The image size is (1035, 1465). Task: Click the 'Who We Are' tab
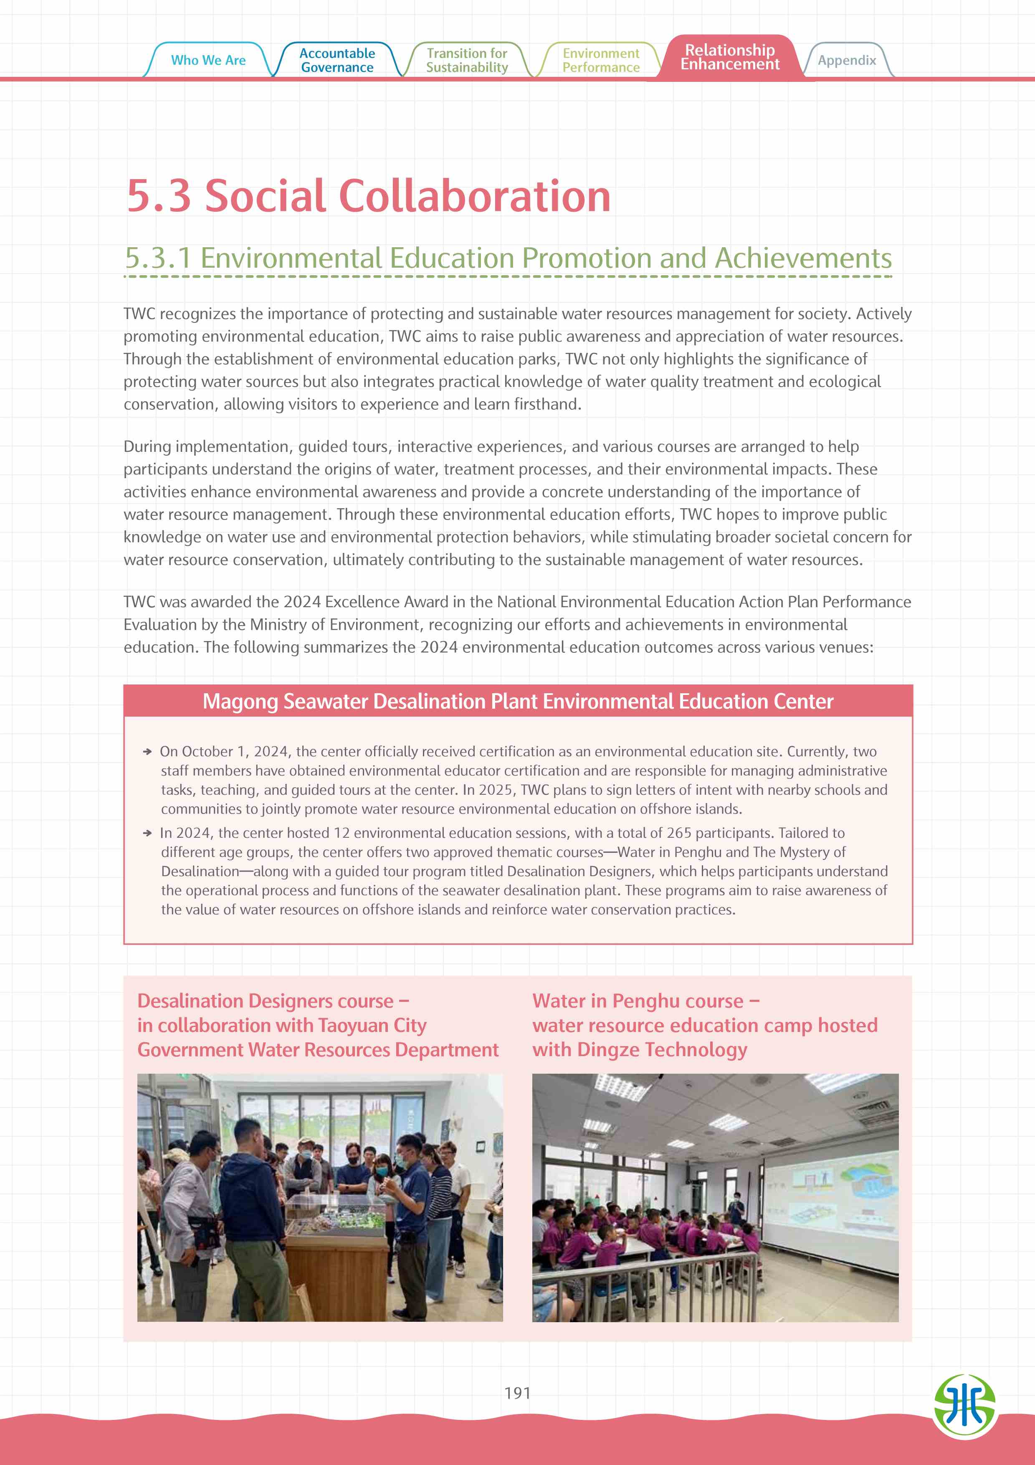pyautogui.click(x=208, y=60)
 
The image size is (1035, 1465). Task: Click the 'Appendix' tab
pyautogui.click(x=846, y=61)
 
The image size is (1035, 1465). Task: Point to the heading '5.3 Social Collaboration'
pyautogui.click(x=369, y=195)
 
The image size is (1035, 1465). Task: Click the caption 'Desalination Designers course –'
pyautogui.click(x=273, y=1001)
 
